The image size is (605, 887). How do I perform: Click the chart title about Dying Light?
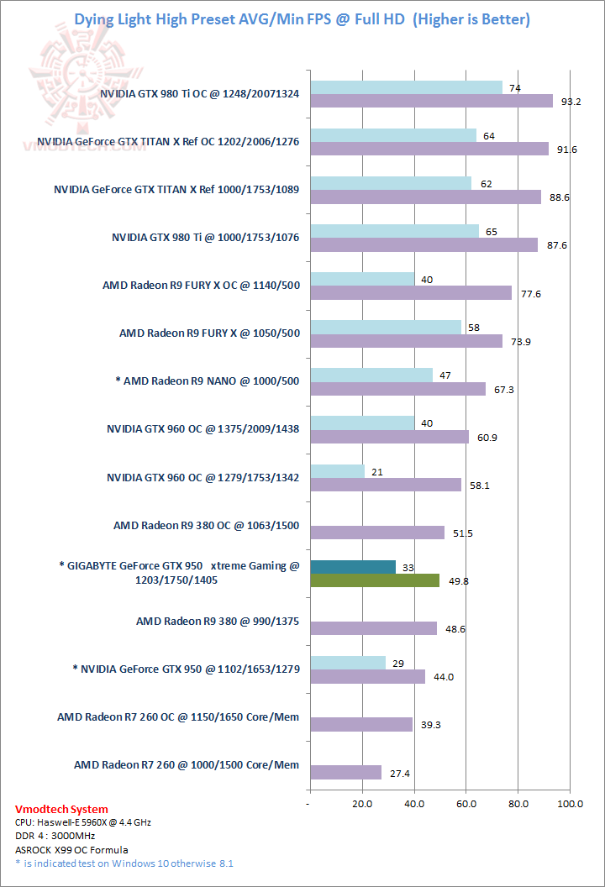tap(302, 18)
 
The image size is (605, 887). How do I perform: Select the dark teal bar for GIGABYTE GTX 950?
tap(353, 567)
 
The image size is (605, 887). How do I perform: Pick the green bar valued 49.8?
tap(375, 580)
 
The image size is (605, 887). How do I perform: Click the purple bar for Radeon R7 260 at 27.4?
tap(346, 772)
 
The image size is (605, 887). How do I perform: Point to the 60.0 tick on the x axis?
tap(466, 803)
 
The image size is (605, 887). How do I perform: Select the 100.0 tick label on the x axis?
tap(570, 803)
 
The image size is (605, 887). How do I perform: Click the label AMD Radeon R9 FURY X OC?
tap(201, 286)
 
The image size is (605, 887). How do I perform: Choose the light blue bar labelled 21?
tap(337, 471)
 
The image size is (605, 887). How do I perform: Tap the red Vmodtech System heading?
tap(61, 809)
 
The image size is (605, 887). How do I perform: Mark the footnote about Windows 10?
tap(124, 863)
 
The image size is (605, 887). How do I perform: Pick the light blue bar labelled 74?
tap(407, 88)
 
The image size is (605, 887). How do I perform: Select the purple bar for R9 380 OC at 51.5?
tap(377, 533)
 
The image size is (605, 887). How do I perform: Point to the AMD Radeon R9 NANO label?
tap(207, 381)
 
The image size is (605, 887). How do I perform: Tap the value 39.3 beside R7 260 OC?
tap(431, 724)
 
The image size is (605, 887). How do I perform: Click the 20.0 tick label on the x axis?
tap(362, 803)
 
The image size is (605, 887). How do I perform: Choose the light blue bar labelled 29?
tap(348, 663)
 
